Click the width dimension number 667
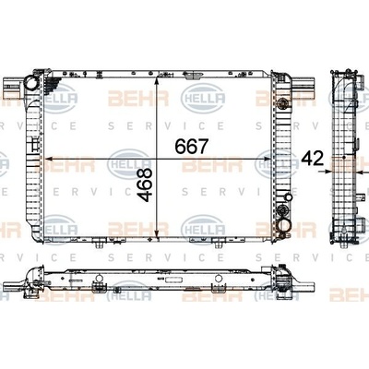click(x=192, y=146)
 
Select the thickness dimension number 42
click(x=313, y=159)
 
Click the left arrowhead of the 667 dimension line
click(x=49, y=159)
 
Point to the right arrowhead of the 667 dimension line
click(x=267, y=159)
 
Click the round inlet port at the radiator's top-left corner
click(x=31, y=82)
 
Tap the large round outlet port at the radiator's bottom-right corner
click(x=284, y=225)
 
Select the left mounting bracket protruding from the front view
click(x=13, y=85)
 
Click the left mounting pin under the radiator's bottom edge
click(x=99, y=244)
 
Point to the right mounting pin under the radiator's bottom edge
click(x=219, y=244)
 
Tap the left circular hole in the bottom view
click(x=99, y=279)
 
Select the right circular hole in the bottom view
click(x=219, y=279)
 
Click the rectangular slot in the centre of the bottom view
click(x=173, y=280)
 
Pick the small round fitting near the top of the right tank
click(x=282, y=102)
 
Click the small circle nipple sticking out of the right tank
click(x=289, y=197)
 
